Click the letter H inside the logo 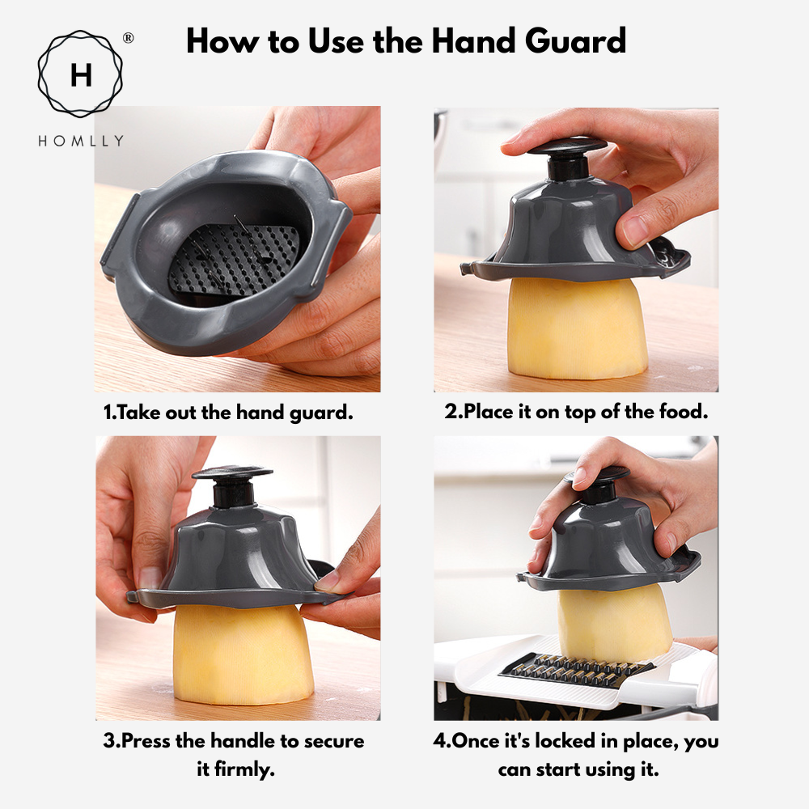click(x=81, y=75)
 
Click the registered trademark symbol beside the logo click(x=128, y=38)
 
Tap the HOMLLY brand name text click(x=81, y=141)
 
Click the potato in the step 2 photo click(x=577, y=327)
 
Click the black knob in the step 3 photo click(x=233, y=486)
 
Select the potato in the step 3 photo click(x=243, y=654)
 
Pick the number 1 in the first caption click(x=108, y=413)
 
